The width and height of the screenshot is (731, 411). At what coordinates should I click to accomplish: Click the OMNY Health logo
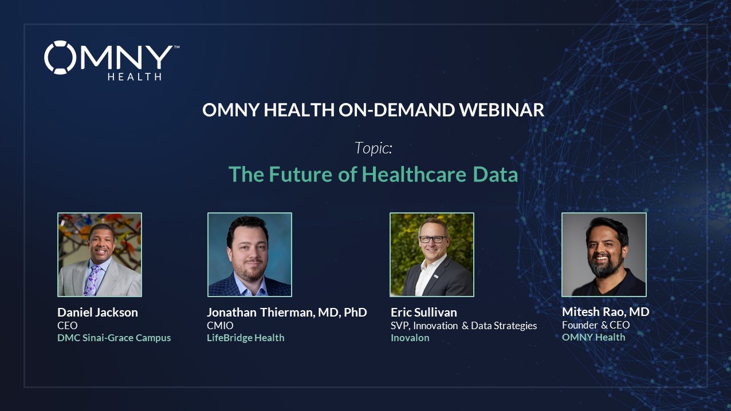pyautogui.click(x=112, y=61)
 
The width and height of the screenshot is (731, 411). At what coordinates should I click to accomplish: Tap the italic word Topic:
pyautogui.click(x=374, y=148)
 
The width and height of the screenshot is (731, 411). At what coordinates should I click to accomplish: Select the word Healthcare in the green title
pyautogui.click(x=414, y=174)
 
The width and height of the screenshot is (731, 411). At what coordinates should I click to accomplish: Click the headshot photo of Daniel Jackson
pyautogui.click(x=100, y=254)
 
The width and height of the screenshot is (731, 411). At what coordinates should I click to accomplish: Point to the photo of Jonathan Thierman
pyautogui.click(x=250, y=254)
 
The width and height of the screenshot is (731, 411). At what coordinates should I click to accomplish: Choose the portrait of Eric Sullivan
pyautogui.click(x=432, y=254)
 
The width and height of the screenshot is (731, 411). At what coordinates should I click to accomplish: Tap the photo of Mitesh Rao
pyautogui.click(x=604, y=254)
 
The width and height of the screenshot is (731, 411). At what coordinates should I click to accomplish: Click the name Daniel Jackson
pyautogui.click(x=97, y=312)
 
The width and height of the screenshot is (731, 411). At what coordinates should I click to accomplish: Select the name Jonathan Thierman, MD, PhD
pyautogui.click(x=287, y=312)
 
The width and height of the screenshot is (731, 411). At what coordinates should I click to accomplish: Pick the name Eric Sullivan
pyautogui.click(x=423, y=312)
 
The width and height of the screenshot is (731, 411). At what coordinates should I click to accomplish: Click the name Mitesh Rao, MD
pyautogui.click(x=606, y=312)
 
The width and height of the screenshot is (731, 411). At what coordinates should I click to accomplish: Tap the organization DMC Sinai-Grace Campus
pyautogui.click(x=114, y=338)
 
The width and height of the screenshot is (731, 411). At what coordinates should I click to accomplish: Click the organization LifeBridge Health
pyautogui.click(x=245, y=338)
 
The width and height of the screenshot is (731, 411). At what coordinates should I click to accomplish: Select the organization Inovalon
pyautogui.click(x=410, y=338)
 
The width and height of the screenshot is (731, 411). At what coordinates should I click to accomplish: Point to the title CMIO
pyautogui.click(x=220, y=326)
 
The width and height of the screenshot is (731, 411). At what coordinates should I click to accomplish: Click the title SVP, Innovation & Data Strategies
pyautogui.click(x=463, y=326)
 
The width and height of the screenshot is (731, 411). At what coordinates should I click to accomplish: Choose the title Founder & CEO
pyautogui.click(x=596, y=325)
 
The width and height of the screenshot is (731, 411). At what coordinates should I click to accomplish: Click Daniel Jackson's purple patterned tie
pyautogui.click(x=92, y=280)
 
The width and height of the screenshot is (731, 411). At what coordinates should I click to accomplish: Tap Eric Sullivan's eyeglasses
pyautogui.click(x=433, y=239)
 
